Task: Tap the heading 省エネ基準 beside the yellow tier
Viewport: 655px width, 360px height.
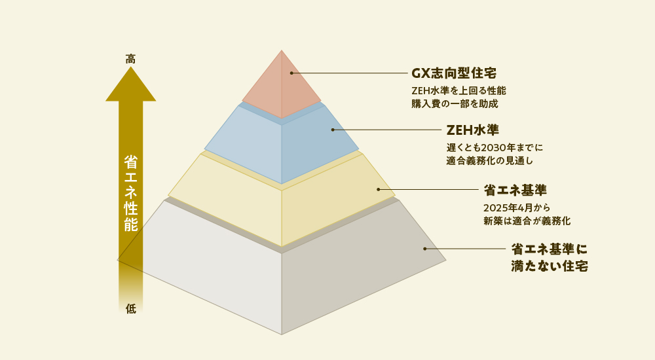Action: coord(515,190)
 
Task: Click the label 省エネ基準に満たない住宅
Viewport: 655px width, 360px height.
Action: coord(549,258)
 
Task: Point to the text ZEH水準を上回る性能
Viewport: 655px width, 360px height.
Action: coord(458,90)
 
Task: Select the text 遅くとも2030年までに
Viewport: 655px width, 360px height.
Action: coord(495,147)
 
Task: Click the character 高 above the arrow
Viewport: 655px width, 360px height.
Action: coord(131,59)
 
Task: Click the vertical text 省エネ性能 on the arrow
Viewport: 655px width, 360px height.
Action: coord(131,193)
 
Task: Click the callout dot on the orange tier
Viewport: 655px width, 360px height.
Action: coord(291,73)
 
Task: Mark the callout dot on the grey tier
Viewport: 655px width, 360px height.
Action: coord(424,249)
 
